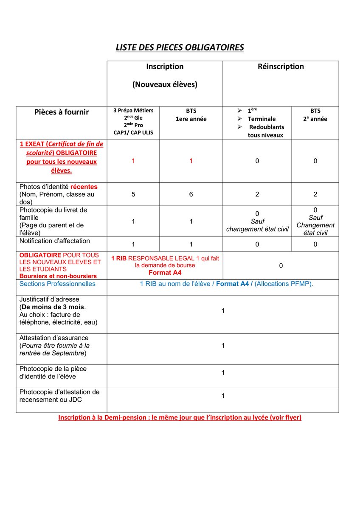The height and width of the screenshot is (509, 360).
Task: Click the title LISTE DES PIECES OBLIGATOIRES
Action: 180,47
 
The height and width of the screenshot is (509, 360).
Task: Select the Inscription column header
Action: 165,67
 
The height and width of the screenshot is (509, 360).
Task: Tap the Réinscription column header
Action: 281,67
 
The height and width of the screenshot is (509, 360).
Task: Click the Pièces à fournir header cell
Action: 62,112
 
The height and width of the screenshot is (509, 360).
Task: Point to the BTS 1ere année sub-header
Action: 191,115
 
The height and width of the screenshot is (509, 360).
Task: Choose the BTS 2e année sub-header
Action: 315,115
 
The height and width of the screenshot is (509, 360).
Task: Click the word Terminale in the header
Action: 262,119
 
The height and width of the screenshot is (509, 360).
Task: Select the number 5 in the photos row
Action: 133,194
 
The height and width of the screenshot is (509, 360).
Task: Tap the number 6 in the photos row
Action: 191,194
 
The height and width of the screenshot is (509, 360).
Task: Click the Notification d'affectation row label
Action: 55,241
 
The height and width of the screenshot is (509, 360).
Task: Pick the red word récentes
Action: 84,187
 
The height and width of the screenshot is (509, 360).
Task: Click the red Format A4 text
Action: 165,273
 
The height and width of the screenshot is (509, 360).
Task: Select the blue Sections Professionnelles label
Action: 58,284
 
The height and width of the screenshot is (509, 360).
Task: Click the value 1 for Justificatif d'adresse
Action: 223,311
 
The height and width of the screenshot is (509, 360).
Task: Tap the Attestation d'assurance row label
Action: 54,338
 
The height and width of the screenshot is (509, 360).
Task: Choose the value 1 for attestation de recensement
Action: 223,396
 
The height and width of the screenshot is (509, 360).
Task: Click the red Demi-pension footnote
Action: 180,418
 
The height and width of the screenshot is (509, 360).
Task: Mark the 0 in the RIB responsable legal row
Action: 281,266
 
